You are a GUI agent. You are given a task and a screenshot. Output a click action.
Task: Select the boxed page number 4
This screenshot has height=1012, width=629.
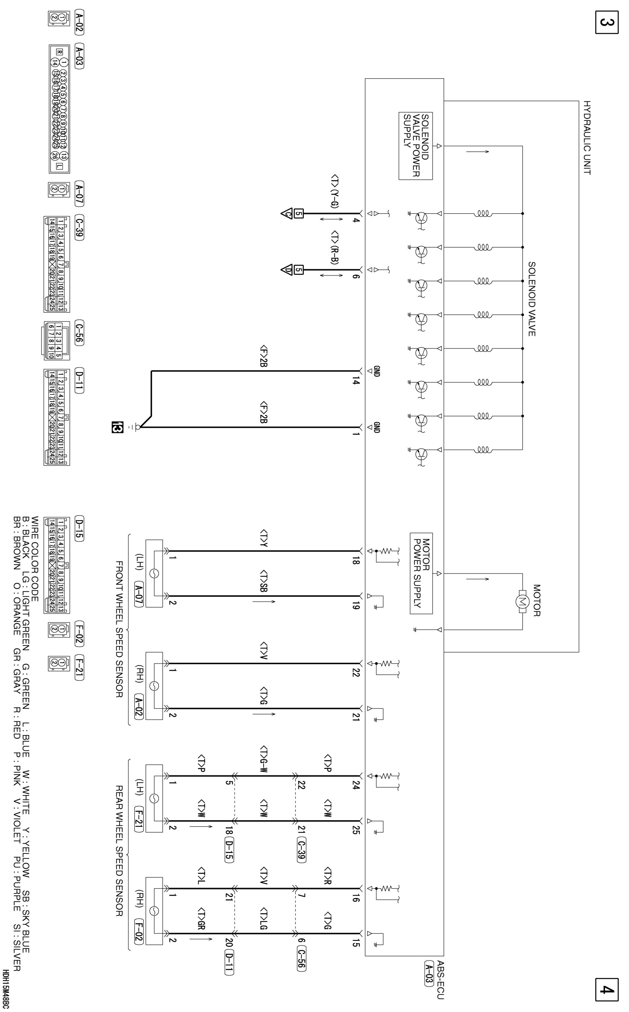tap(606, 989)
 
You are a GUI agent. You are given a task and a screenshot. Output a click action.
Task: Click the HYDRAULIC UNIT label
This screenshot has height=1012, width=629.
tap(586, 138)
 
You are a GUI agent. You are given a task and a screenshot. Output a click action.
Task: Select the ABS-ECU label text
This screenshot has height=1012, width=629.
tap(441, 980)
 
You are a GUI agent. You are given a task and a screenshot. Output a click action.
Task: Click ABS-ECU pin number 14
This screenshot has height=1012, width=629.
tap(356, 381)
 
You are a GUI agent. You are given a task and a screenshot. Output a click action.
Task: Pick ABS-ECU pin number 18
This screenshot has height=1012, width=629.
tap(356, 561)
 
